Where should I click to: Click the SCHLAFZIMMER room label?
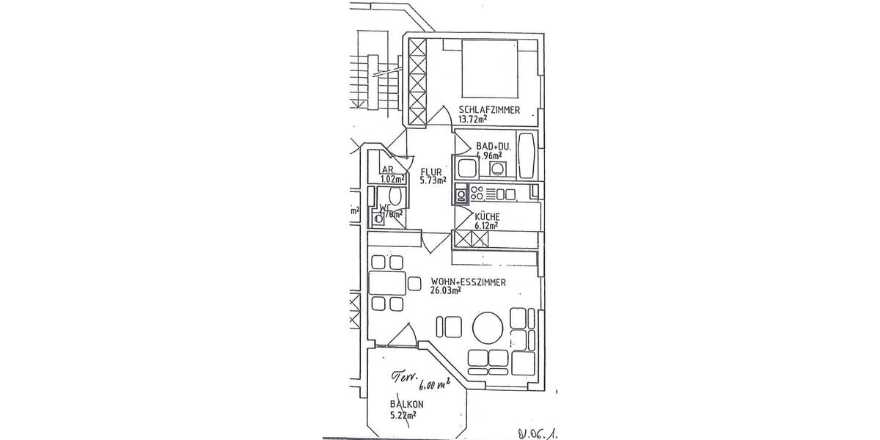[489, 110]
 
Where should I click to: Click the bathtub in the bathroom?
[527, 155]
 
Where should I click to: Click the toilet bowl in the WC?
[395, 197]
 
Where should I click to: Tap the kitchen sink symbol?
[461, 194]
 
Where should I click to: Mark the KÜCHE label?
[487, 217]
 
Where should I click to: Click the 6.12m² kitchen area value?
[487, 227]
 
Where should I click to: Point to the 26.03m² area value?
[446, 290]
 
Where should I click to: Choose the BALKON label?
[407, 404]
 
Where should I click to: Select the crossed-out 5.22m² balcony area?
[403, 415]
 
